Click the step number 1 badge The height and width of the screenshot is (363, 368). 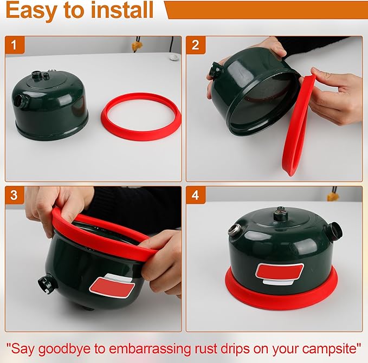click(x=15, y=45)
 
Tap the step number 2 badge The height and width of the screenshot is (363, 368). click(x=196, y=45)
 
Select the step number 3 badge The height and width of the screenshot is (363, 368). click(x=15, y=195)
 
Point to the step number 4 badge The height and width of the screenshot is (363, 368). click(x=196, y=195)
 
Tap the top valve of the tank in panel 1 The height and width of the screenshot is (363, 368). click(x=38, y=75)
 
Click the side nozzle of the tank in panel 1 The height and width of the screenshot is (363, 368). click(x=21, y=101)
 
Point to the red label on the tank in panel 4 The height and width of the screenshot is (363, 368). click(x=279, y=270)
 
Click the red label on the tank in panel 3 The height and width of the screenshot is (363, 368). click(x=111, y=284)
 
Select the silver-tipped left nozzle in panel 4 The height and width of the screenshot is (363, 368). click(x=234, y=231)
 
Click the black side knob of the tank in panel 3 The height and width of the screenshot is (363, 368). click(x=46, y=283)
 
